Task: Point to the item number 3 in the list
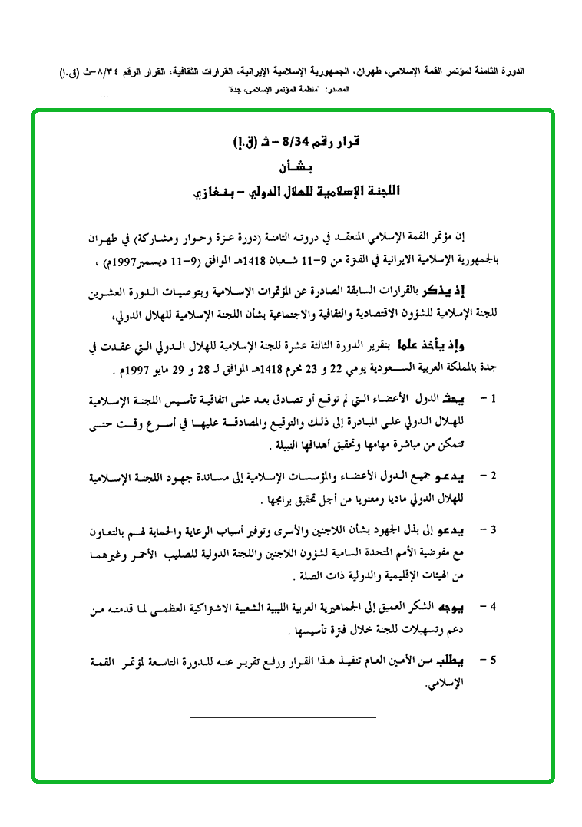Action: tap(495, 530)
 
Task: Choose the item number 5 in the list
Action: tap(495, 661)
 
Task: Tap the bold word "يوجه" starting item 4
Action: tap(458, 607)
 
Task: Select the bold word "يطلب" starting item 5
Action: tap(458, 661)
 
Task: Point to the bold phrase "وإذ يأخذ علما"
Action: tap(437, 345)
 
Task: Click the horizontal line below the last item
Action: tap(283, 717)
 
